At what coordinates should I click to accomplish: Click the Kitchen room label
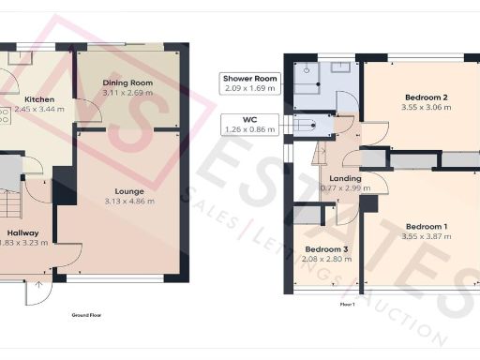click(38, 99)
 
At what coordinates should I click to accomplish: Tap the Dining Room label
click(127, 83)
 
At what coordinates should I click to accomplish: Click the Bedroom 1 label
click(426, 226)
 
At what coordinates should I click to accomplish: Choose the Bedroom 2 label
click(425, 97)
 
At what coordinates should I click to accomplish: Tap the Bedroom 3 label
click(325, 249)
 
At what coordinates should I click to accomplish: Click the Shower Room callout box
click(250, 82)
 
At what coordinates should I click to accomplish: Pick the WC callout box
click(250, 123)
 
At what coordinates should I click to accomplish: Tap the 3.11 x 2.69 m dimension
click(127, 93)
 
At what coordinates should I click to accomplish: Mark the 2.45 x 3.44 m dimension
click(37, 109)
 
